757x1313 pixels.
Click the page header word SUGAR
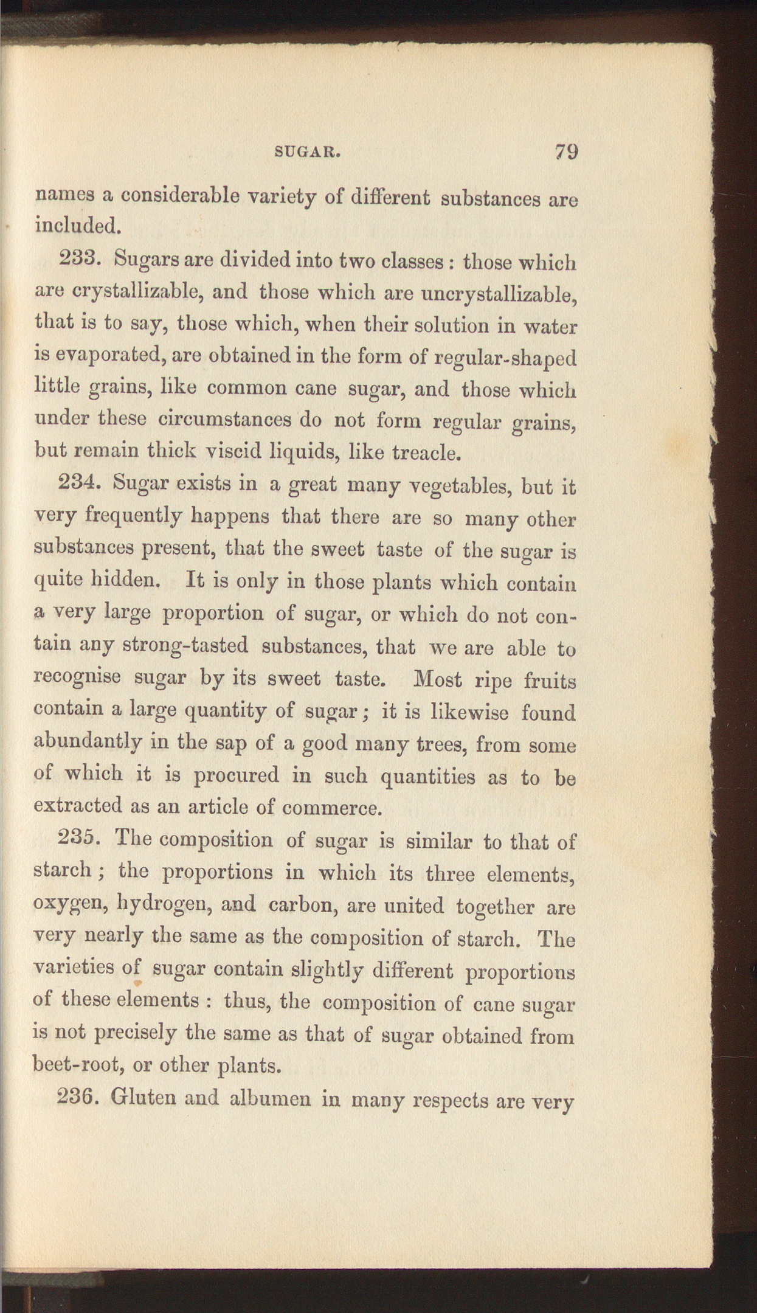(x=306, y=152)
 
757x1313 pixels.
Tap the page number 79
(x=565, y=151)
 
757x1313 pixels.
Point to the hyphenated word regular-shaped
(x=506, y=358)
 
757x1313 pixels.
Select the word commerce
(x=332, y=808)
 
